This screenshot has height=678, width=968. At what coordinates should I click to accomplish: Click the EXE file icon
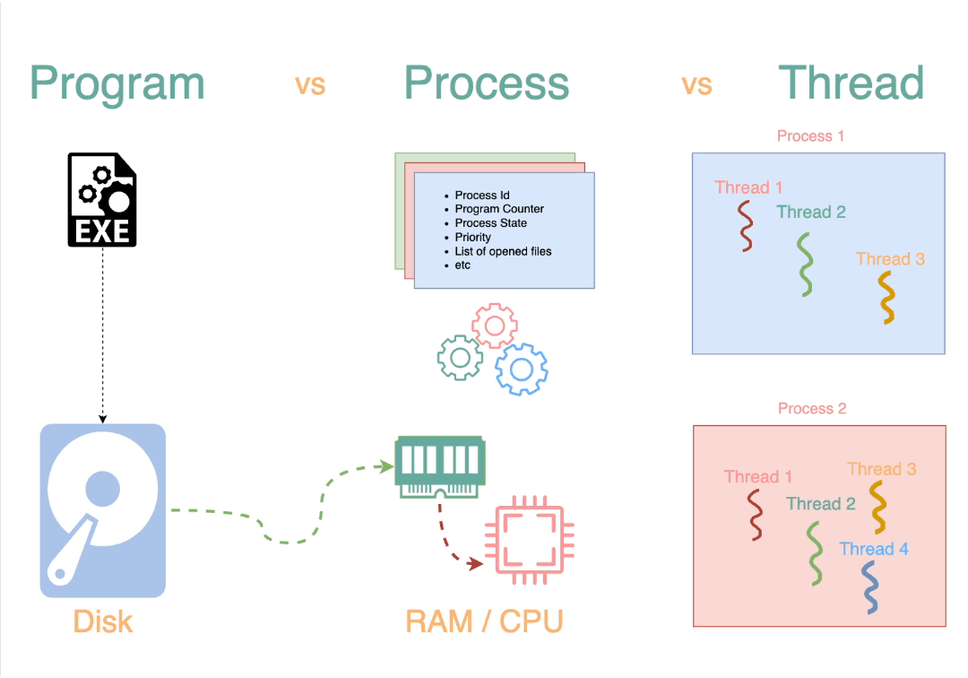(x=102, y=200)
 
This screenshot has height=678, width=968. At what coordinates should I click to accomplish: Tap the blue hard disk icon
(x=102, y=510)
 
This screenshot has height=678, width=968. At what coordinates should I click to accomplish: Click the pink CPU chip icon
(x=523, y=540)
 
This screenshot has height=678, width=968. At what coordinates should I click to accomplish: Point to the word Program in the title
(x=117, y=83)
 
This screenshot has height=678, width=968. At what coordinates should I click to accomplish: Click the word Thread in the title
(x=851, y=83)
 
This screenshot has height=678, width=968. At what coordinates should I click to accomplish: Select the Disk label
(x=102, y=621)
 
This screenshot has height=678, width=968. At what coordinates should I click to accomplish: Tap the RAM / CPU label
(x=484, y=621)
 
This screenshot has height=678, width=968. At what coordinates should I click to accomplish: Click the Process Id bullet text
(x=482, y=195)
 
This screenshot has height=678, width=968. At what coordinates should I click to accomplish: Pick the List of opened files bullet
(x=503, y=251)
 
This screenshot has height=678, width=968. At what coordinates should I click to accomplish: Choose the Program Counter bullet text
(x=499, y=209)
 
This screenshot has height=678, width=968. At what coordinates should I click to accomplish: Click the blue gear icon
(x=522, y=369)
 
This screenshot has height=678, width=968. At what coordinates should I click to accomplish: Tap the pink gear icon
(x=494, y=326)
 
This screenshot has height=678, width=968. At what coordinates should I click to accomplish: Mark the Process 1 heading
(x=810, y=136)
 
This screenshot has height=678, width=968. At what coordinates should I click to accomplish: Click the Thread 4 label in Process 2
(x=874, y=549)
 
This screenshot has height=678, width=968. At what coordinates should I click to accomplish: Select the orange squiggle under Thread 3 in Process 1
(x=886, y=297)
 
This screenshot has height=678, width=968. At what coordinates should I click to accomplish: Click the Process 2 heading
(x=812, y=409)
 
